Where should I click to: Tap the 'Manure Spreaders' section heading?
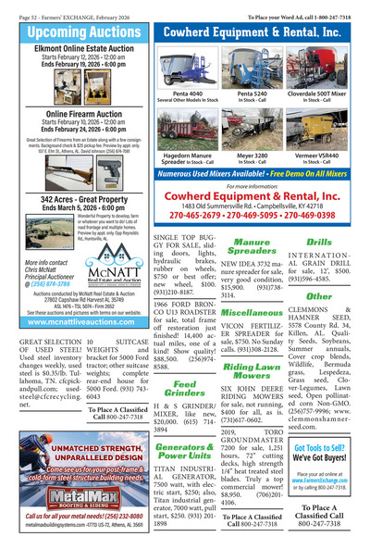(x=251, y=247)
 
